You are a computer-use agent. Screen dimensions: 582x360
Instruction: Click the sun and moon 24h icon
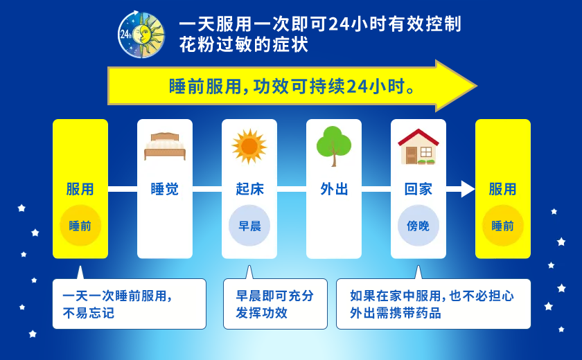tap(141, 35)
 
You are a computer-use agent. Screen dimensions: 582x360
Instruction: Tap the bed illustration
tap(165, 146)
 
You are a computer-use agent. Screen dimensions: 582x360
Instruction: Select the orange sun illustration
tap(249, 146)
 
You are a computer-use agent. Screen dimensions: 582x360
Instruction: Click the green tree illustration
tap(334, 146)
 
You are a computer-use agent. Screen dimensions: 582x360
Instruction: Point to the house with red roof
tap(418, 147)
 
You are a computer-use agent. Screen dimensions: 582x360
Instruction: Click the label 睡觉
tap(165, 189)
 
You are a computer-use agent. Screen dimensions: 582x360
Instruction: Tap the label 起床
tap(249, 189)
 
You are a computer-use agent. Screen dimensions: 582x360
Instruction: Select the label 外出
tap(334, 189)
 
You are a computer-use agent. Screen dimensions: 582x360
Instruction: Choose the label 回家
tap(418, 189)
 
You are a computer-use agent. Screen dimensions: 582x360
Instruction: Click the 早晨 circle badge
tap(249, 226)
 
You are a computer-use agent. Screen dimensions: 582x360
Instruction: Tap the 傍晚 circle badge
tap(418, 226)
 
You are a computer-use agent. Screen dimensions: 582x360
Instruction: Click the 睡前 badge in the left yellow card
tap(80, 226)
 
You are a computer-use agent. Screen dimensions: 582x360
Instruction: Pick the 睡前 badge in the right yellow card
tap(503, 226)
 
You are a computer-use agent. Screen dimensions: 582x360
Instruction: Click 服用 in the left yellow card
tap(80, 189)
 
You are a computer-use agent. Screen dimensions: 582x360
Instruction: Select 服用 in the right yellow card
tap(503, 189)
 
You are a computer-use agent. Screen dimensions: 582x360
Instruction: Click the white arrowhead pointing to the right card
tap(468, 189)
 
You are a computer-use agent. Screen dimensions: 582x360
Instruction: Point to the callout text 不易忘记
tap(89, 314)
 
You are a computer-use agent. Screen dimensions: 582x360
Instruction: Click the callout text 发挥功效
tap(262, 313)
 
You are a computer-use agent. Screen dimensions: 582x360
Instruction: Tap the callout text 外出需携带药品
tap(396, 313)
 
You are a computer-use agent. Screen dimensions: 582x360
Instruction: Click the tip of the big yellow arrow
tap(477, 86)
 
